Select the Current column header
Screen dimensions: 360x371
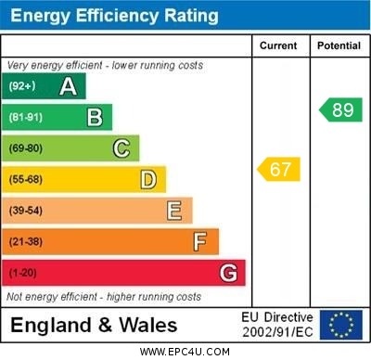tap(278, 45)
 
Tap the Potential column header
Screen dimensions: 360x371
tap(339, 45)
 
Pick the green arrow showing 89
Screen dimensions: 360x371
tap(340, 110)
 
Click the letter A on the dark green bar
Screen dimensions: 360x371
tap(68, 86)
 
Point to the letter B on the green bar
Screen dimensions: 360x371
tap(95, 117)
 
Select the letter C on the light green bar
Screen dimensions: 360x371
tap(122, 148)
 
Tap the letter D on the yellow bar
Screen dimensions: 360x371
tap(148, 179)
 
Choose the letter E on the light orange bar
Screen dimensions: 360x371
tap(174, 211)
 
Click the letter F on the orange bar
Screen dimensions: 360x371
tap(200, 242)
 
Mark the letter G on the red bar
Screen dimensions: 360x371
tap(228, 273)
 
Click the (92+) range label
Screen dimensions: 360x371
tap(23, 86)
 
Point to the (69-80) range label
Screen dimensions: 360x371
tap(26, 148)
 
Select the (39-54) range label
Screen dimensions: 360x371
tap(26, 211)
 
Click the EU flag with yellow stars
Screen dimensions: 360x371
tap(341, 325)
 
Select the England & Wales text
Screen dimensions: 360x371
tap(94, 325)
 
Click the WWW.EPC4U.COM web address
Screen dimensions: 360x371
tap(185, 352)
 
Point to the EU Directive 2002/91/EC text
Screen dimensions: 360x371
tap(277, 325)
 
